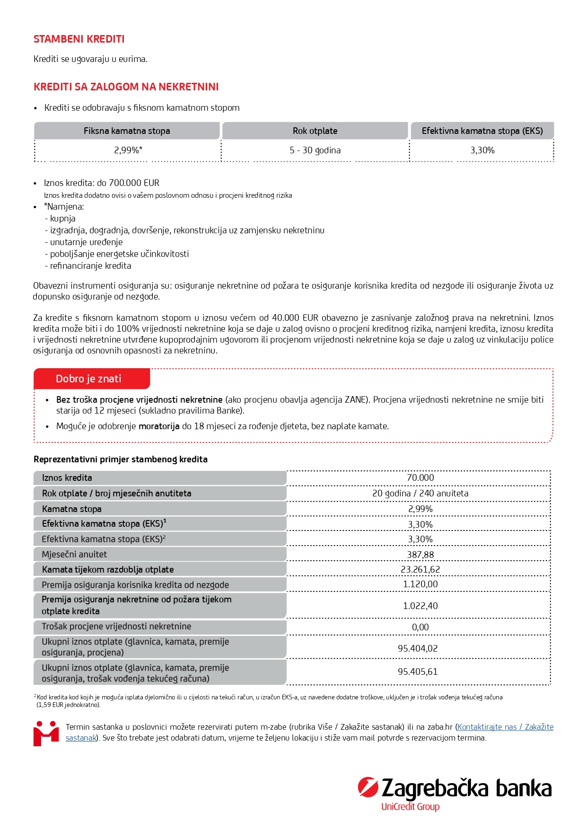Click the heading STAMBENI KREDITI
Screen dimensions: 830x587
pyautogui.click(x=79, y=39)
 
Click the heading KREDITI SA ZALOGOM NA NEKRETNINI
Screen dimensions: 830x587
pyautogui.click(x=126, y=87)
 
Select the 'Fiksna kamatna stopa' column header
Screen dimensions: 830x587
pyautogui.click(x=127, y=131)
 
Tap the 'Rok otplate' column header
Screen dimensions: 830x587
pyautogui.click(x=315, y=131)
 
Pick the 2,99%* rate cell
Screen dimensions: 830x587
pyautogui.click(x=128, y=150)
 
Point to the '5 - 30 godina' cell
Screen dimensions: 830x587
pyautogui.click(x=315, y=150)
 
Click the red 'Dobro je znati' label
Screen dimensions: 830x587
pyautogui.click(x=89, y=379)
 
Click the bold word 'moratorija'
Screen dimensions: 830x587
pyautogui.click(x=159, y=426)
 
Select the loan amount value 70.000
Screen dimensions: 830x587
pyautogui.click(x=420, y=478)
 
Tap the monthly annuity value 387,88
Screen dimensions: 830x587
pyautogui.click(x=420, y=555)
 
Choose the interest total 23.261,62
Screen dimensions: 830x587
pyautogui.click(x=420, y=569)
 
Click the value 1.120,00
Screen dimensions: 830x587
pyautogui.click(x=420, y=584)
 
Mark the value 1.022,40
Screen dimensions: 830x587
pyautogui.click(x=420, y=606)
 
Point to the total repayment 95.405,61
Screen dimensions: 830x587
pyautogui.click(x=418, y=672)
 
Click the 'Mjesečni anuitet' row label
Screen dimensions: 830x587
pyautogui.click(x=74, y=555)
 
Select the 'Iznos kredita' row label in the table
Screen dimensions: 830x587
pyautogui.click(x=67, y=478)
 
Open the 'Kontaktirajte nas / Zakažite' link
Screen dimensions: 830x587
pyautogui.click(x=505, y=727)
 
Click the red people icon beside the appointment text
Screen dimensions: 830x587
pyautogui.click(x=46, y=733)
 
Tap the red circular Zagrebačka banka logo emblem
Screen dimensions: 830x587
pyautogui.click(x=368, y=787)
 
